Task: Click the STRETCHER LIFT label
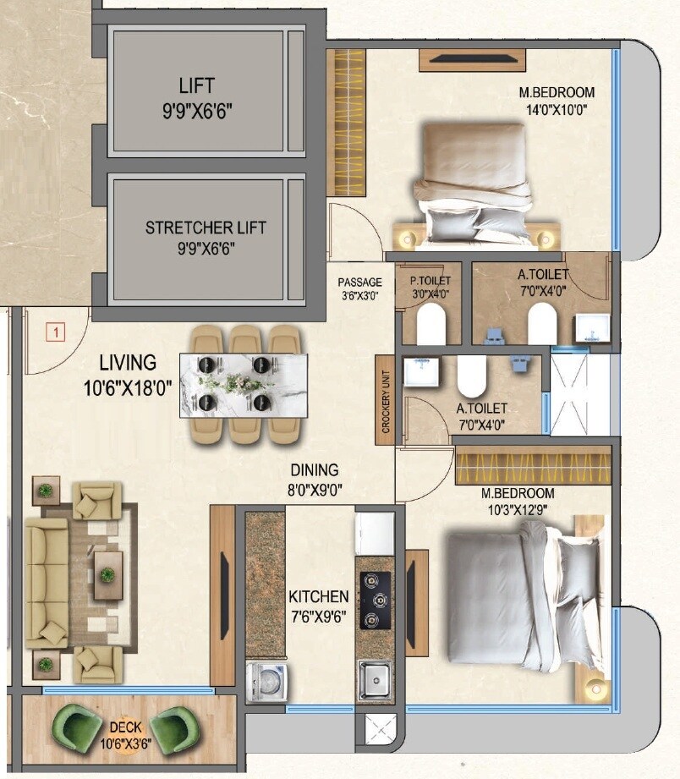click(x=206, y=228)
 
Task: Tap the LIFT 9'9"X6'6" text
click(x=196, y=96)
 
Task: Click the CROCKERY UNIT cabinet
click(x=385, y=399)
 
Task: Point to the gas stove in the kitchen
click(x=372, y=601)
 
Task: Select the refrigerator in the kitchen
click(x=374, y=534)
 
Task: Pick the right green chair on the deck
click(x=181, y=725)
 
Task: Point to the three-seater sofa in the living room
click(x=46, y=584)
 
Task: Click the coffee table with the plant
click(x=107, y=575)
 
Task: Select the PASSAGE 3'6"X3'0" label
click(x=360, y=288)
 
